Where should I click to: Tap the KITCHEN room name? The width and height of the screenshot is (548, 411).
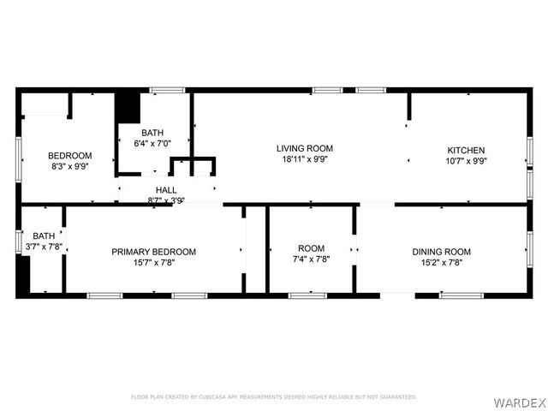point(465,150)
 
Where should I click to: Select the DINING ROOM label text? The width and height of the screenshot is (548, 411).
point(441,252)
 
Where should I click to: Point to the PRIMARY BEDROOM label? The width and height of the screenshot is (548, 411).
point(153,252)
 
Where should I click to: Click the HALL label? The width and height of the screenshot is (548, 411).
point(166,190)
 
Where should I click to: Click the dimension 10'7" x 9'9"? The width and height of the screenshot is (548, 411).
point(465,161)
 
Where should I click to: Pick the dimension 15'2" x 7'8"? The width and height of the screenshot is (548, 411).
point(441,263)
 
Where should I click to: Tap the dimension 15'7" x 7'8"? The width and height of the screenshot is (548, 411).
point(153,263)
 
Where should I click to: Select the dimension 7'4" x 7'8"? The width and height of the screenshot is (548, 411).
point(311,259)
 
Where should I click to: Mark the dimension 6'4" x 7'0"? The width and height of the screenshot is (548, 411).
point(152,144)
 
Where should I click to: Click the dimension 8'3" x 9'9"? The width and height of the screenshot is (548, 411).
point(69,166)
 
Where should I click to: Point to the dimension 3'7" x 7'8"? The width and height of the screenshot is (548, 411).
point(43,247)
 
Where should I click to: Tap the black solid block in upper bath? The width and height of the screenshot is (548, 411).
point(127,109)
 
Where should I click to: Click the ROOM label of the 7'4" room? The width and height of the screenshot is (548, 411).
point(311,247)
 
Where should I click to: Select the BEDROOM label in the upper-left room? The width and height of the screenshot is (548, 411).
point(69,155)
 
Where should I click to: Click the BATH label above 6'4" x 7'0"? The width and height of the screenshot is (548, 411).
point(152,133)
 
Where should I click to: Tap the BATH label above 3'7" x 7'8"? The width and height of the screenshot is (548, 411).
point(43,235)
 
